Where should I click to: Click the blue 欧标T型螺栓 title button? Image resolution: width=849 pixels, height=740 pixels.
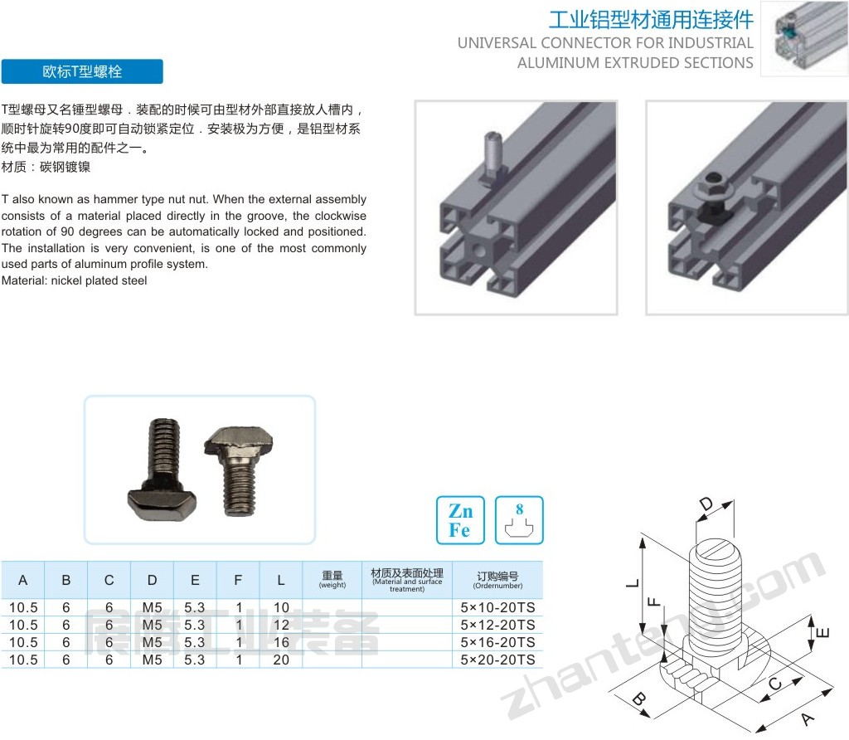pos(82,71)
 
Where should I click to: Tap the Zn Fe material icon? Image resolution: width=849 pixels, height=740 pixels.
pos(460,520)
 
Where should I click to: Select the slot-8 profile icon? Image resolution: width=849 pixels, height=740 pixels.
pos(519,520)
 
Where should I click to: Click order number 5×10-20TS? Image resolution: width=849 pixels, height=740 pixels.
pos(497,607)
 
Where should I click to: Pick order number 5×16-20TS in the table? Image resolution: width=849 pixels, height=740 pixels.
pos(497,642)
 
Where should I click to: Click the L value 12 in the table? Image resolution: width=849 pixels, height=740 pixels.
pos(281,625)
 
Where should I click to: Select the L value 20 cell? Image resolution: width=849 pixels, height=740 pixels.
pos(281,660)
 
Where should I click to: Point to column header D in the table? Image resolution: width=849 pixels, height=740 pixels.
pos(153,580)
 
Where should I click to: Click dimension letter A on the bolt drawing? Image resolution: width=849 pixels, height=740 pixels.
pos(808,719)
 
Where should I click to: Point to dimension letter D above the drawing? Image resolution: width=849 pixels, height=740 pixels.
pos(706,505)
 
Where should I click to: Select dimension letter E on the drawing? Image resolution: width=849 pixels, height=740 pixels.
pos(822,632)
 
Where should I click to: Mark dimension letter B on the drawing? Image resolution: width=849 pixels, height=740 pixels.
pos(639,699)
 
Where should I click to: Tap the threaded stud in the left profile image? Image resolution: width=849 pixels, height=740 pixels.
pos(492,150)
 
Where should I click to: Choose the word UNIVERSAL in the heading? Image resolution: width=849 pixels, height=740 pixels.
pos(497,43)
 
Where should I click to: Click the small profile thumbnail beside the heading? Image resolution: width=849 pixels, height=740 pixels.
pos(804,38)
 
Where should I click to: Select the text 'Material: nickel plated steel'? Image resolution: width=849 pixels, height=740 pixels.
pos(74,280)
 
